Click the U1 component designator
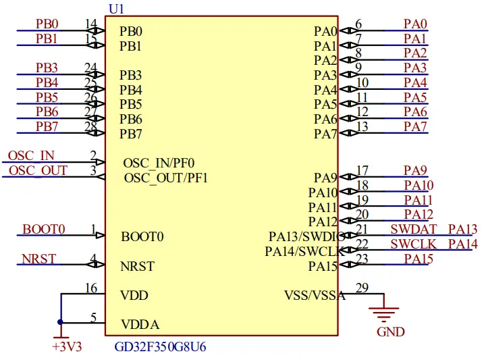[x=115, y=8]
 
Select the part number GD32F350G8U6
[x=160, y=347]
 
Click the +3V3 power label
[x=67, y=347]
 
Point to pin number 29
[x=362, y=288]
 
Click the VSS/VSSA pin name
[x=315, y=295]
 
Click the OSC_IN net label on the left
[x=31, y=155]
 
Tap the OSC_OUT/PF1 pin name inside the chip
[x=166, y=178]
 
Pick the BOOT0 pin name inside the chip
[x=142, y=237]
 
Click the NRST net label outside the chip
[x=39, y=259]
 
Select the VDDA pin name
[x=140, y=325]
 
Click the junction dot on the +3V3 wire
[x=61, y=322]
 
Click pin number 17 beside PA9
[x=362, y=171]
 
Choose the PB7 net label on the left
[x=47, y=126]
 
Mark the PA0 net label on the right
[x=415, y=24]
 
